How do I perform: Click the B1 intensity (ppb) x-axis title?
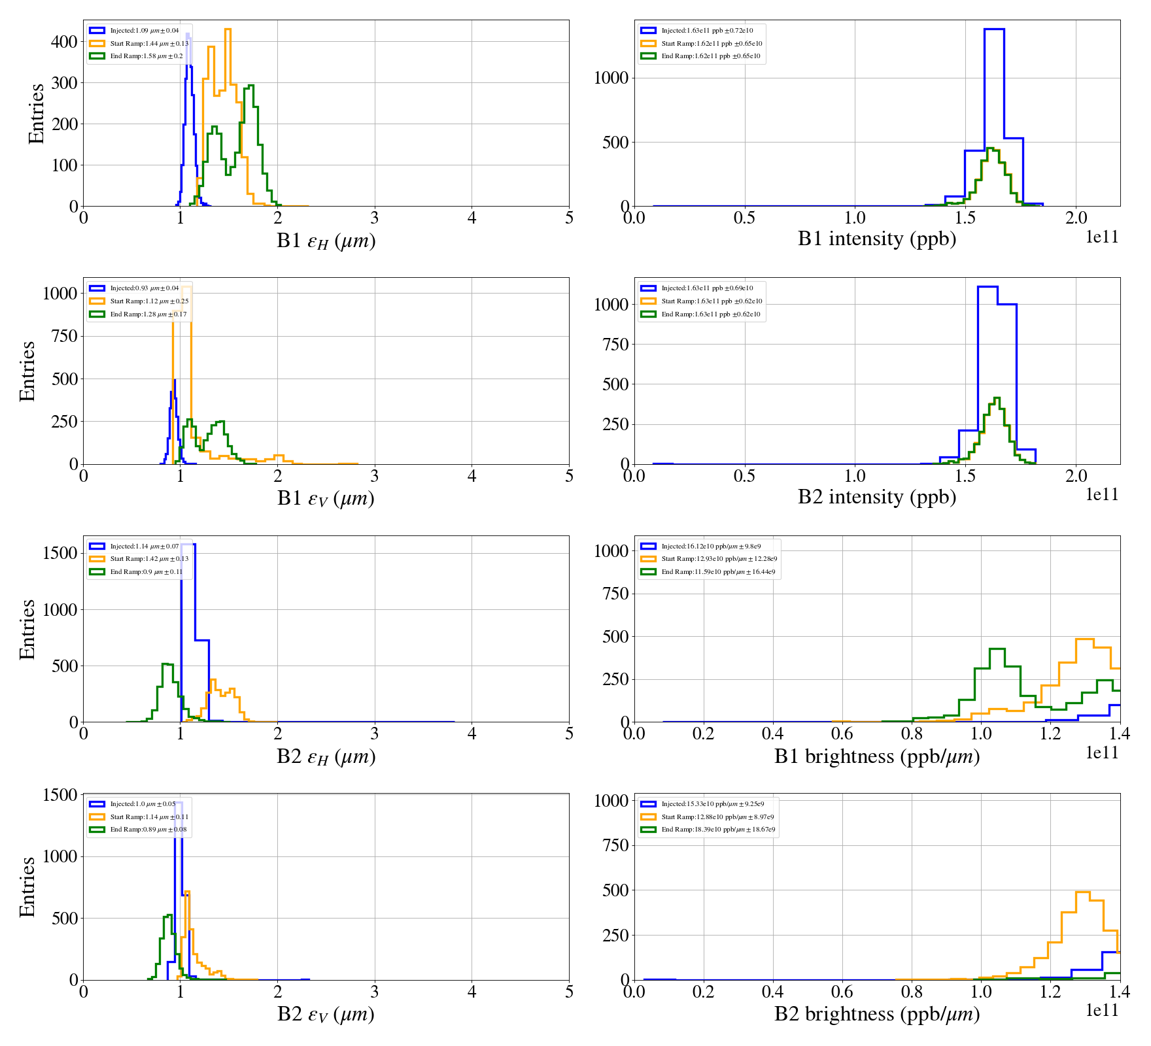coord(876,239)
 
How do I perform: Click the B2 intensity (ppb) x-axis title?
coord(876,498)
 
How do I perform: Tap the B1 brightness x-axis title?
coord(876,756)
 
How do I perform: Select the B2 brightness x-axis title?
coord(876,1014)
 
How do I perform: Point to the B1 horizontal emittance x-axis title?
coord(326,241)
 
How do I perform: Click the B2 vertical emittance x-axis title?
coord(326,1015)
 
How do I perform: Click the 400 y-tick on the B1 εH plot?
coord(64,42)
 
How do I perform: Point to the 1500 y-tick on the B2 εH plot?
coord(60,553)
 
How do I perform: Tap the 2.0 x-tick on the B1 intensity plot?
coord(1076,218)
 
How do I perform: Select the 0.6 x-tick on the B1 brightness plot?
coord(842,734)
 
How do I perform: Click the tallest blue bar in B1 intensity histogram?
coord(994,118)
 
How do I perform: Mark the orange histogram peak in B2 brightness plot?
coord(1082,893)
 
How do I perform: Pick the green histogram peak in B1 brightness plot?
coord(997,650)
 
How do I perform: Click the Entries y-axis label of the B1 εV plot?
coord(27,371)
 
